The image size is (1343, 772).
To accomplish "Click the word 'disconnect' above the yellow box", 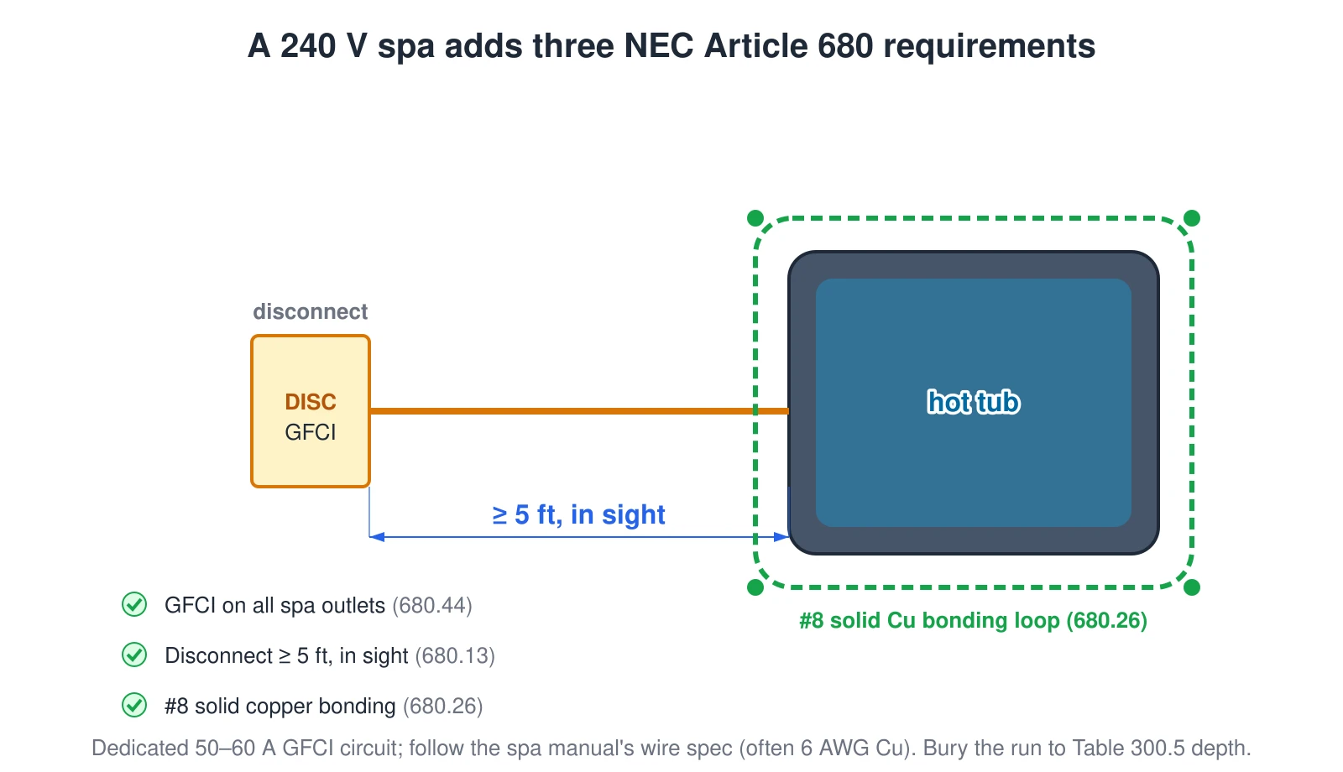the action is point(310,311).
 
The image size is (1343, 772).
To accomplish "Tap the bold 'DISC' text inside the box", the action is point(311,402).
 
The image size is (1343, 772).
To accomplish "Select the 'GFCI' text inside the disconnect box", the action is point(311,432).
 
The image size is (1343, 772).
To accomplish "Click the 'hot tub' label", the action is point(973,402).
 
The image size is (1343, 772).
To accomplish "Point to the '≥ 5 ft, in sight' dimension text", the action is point(578,514).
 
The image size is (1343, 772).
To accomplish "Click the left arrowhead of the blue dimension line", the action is point(377,537).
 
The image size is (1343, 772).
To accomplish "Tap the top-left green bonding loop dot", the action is point(755,218).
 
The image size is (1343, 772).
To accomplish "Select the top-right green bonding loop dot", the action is point(1192,218).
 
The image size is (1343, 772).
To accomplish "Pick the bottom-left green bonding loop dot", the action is point(755,587).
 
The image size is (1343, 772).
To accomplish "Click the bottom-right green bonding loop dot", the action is point(1192,587).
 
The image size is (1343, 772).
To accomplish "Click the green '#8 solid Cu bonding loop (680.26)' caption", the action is point(973,620).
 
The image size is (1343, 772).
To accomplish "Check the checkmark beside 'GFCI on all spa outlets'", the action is point(134,604).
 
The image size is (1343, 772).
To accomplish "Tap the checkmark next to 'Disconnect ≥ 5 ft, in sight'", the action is point(134,655).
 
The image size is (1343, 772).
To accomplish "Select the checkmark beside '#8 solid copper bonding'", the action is point(134,705).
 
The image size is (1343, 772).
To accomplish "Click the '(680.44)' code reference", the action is point(432,605).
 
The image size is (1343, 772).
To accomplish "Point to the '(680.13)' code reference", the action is point(455,655).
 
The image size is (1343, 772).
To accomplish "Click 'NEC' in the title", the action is point(658,45).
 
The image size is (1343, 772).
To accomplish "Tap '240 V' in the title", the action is point(323,45).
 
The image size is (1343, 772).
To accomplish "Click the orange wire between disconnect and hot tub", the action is point(579,411).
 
